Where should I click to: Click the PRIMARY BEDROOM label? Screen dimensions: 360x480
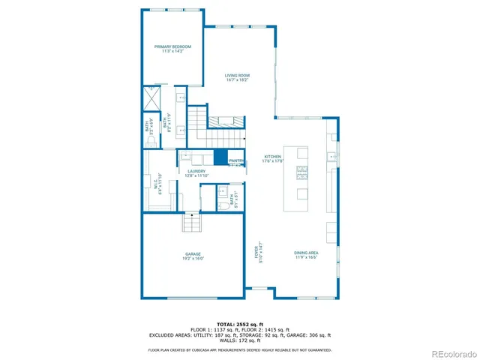pos(172,49)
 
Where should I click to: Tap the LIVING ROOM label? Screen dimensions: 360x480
pos(238,76)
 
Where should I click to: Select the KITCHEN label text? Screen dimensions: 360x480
pos(271,158)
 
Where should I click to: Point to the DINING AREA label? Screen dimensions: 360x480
pos(306,255)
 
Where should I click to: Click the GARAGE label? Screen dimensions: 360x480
pos(193,256)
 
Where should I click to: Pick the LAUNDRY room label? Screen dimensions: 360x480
pos(197,173)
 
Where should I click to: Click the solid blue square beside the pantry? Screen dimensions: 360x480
pos(220,157)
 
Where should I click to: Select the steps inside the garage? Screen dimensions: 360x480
pos(193,223)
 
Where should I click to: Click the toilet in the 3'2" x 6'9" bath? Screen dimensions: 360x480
pos(151,139)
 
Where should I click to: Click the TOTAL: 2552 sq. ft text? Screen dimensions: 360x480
pos(239,324)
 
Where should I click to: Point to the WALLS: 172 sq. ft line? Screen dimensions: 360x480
pos(239,342)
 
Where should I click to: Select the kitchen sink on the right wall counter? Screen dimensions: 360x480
pos(331,157)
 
